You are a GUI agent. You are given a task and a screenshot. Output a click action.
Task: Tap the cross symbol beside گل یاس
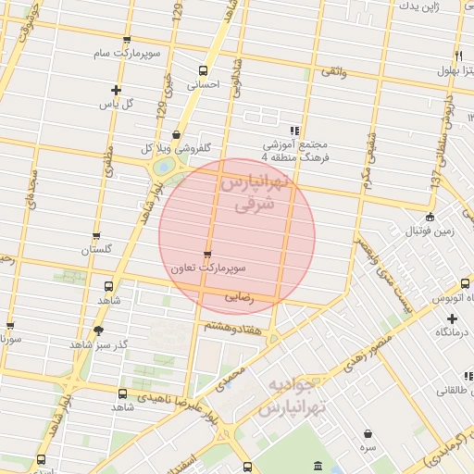(x=116, y=90)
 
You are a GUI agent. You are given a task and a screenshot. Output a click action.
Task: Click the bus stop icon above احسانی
(x=204, y=69)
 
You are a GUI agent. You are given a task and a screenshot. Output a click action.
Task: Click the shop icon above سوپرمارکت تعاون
(x=206, y=254)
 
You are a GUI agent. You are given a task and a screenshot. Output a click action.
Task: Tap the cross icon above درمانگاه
(x=451, y=318)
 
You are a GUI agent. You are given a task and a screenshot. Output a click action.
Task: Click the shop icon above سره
(x=368, y=433)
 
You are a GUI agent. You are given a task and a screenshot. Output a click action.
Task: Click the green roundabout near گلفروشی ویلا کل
(x=163, y=167)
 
